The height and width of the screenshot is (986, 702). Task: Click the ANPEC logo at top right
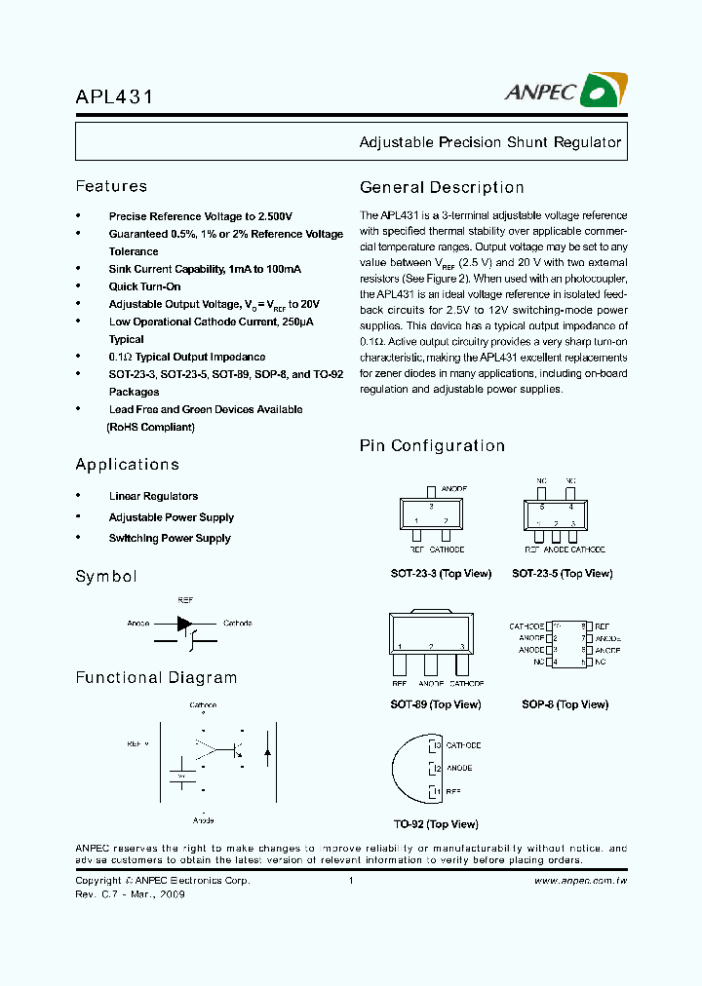565,91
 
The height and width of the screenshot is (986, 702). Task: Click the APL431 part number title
114,97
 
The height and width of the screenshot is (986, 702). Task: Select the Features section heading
111,186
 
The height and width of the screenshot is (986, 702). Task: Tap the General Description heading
442,187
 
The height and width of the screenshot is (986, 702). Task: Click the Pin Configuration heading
432,445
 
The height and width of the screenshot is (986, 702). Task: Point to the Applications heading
128,465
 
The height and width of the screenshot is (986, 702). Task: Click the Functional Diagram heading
156,677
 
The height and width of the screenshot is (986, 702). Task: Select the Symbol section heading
106,576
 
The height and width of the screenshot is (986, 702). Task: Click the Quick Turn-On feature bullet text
144,286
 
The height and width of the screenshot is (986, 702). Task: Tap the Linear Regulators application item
153,496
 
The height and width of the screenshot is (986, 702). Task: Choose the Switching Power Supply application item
170,538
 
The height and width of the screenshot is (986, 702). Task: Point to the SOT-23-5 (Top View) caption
563,574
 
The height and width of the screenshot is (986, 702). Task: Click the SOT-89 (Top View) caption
435,704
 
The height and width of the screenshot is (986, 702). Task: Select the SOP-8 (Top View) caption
565,704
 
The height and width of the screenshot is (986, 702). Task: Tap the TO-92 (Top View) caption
434,824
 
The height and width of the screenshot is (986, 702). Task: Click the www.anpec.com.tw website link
581,880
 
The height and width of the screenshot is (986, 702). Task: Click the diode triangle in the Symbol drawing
184,624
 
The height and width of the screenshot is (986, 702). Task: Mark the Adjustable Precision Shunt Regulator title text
489,142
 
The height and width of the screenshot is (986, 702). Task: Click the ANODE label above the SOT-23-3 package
454,487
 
